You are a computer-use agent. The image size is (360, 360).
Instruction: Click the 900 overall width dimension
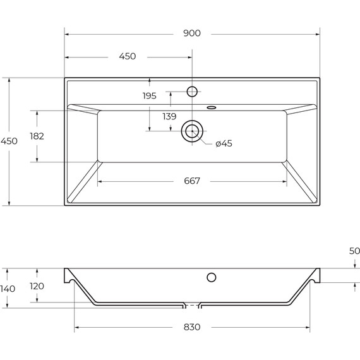(192, 33)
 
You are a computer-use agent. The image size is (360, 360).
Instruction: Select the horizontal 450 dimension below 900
(128, 56)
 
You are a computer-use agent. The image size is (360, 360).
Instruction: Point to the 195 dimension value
(150, 95)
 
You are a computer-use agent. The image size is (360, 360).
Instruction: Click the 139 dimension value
(169, 116)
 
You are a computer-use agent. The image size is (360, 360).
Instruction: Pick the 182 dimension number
(37, 136)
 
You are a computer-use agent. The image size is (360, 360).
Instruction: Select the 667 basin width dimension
(192, 181)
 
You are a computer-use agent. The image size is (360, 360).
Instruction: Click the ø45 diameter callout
(224, 143)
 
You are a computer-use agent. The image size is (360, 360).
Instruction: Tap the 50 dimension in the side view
(355, 251)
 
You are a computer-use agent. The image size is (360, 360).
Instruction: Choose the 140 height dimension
(8, 288)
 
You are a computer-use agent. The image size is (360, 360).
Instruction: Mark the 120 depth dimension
(37, 286)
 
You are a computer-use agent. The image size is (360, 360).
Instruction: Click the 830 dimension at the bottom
(192, 327)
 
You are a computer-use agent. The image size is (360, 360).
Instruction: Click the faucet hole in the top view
(193, 91)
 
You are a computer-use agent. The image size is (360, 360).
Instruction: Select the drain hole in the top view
(192, 131)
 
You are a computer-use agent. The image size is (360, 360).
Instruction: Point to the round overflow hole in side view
(212, 277)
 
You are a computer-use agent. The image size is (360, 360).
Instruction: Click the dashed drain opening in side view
(192, 306)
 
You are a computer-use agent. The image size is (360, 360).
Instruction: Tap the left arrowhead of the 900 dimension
(67, 33)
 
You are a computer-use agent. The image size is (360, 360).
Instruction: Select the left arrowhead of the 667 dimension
(100, 181)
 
